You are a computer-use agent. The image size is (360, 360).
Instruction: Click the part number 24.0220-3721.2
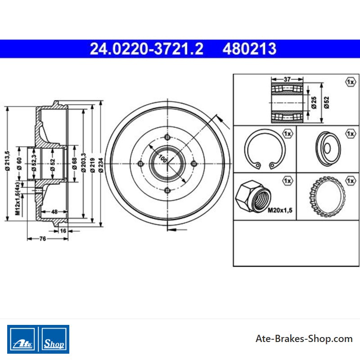pos(147,49)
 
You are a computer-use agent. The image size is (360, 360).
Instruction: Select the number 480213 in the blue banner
pos(249,49)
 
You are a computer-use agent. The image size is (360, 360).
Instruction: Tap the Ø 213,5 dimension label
pos(8,161)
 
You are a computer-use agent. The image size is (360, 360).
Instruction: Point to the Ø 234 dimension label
pos(100,165)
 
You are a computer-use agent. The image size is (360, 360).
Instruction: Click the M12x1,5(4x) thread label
pos(18,199)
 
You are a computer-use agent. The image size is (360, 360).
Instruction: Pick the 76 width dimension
pos(43,239)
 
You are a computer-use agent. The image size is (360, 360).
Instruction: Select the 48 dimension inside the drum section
pos(54,211)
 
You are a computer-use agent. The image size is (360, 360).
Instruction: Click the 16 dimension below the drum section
pos(63,231)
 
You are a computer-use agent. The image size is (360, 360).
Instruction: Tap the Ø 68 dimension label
pos(74,164)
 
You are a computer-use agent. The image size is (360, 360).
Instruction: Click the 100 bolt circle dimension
pos(163,159)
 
